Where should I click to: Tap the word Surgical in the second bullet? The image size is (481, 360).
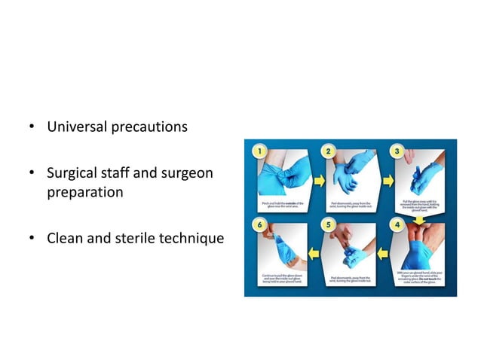74,175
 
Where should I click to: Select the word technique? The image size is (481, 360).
195,239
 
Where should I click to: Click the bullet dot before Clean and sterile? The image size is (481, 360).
33,239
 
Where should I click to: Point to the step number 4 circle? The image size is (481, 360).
397,224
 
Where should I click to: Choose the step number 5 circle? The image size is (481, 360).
329,224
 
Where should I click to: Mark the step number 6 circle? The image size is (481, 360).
260,224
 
